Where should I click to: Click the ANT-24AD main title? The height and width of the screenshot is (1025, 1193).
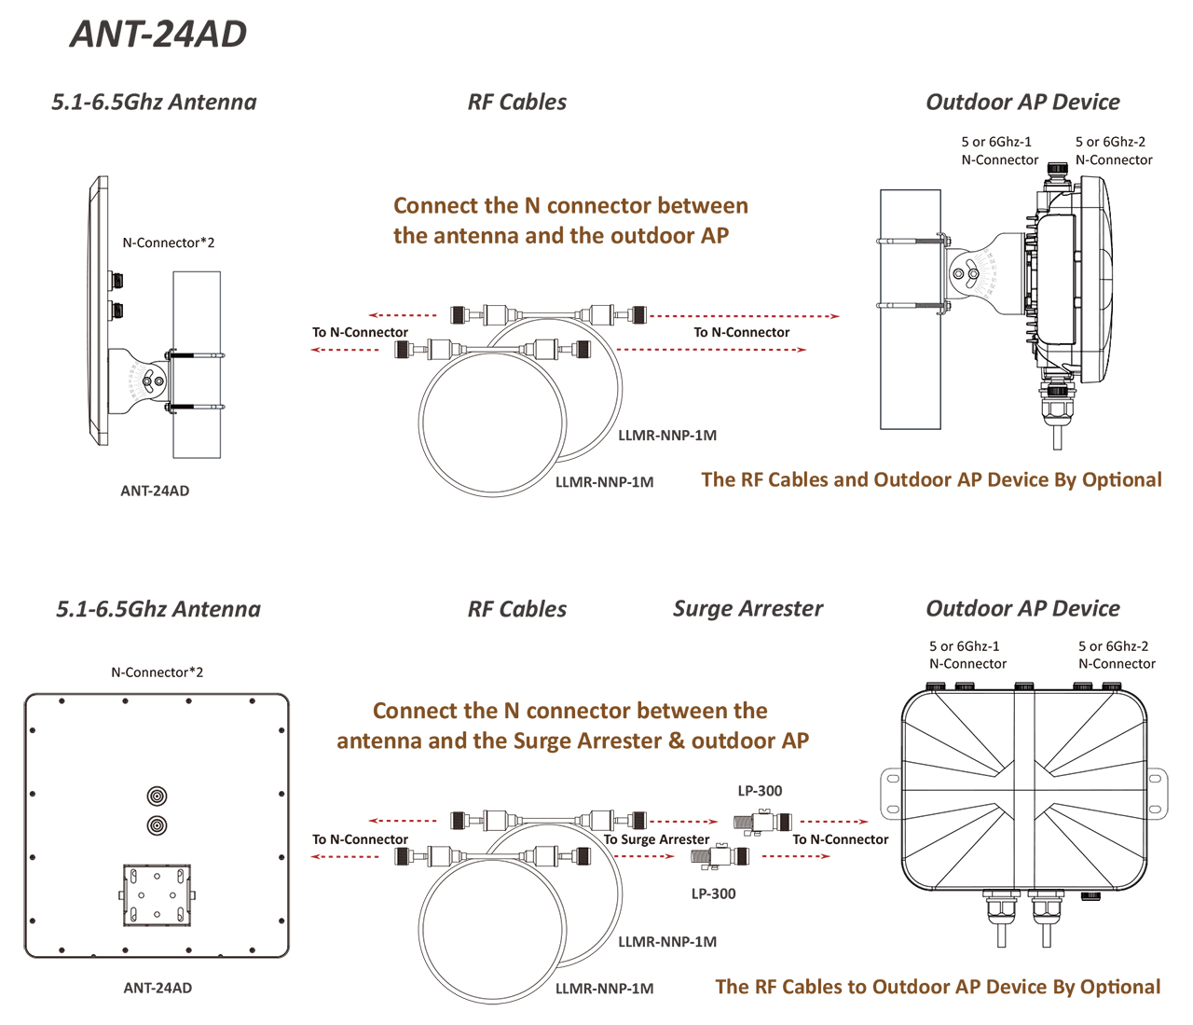pos(158,35)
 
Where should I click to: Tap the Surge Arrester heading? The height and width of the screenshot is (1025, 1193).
pos(747,609)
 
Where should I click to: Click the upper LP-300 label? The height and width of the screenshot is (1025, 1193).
pos(760,791)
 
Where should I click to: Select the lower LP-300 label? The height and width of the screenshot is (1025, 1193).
pos(713,893)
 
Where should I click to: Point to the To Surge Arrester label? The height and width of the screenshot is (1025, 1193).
pos(656,839)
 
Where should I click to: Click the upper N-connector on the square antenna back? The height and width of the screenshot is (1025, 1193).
pos(158,796)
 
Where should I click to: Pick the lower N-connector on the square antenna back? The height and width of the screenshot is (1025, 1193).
pos(158,825)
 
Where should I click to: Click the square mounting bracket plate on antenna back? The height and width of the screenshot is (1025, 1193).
pos(157,894)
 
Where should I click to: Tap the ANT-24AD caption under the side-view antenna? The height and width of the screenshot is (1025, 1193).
pos(155,491)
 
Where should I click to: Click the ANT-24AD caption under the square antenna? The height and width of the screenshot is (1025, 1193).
pos(158,988)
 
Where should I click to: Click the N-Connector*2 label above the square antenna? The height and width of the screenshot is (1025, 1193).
pos(157,672)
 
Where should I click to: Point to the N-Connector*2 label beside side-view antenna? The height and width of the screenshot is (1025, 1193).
pos(168,242)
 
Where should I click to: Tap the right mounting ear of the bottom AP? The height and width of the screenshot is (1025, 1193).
pos(1157,792)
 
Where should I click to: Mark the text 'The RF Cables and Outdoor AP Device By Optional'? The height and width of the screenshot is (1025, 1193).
pos(931,480)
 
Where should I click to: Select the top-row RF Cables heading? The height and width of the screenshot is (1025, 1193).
pos(516,103)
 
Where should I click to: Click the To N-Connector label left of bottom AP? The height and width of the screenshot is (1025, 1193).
pos(840,839)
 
